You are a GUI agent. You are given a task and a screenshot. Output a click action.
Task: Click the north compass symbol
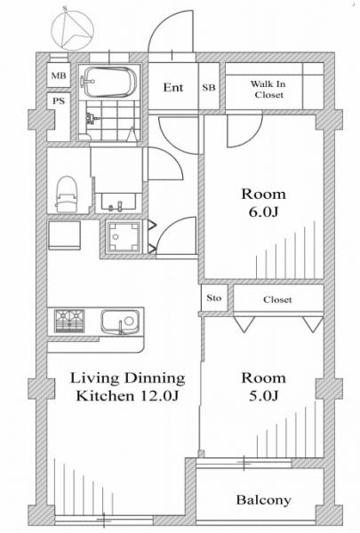[72, 30]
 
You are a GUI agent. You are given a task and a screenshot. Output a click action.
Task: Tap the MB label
[59, 76]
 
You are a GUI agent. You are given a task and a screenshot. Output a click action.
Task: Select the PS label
[59, 100]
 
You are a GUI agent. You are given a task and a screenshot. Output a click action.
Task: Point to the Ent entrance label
[173, 87]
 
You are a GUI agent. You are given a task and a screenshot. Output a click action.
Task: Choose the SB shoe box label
[209, 87]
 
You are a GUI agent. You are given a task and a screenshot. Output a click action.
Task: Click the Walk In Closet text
[268, 89]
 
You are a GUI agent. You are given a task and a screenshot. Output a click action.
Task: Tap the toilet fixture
[67, 195]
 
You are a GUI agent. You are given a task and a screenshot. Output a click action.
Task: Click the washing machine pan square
[124, 236]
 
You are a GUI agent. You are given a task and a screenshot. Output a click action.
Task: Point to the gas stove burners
[69, 321]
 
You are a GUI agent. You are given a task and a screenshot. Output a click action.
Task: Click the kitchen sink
[120, 322]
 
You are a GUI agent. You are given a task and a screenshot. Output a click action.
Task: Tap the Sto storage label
[213, 298]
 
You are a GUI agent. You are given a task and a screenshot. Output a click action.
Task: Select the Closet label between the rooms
[277, 299]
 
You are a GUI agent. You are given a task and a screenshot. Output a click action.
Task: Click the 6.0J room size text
[264, 212]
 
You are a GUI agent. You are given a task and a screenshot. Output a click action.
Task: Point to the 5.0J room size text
[264, 396]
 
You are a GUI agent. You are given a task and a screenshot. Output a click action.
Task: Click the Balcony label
[264, 500]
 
